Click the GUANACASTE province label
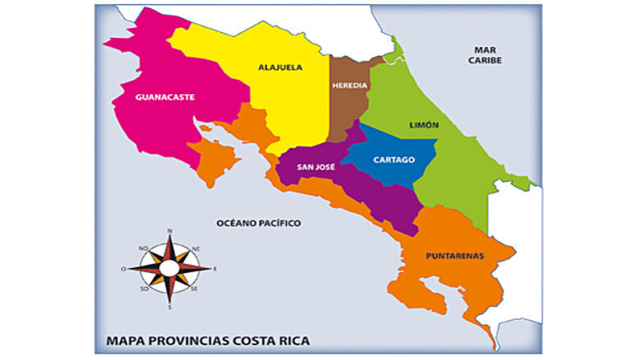pyautogui.click(x=165, y=97)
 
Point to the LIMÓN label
pyautogui.click(x=424, y=125)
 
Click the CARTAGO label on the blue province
pyautogui.click(x=393, y=159)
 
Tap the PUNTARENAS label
pyautogui.click(x=455, y=255)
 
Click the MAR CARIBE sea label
pyautogui.click(x=485, y=55)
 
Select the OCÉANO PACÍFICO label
pyautogui.click(x=258, y=222)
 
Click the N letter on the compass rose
pyautogui.click(x=170, y=231)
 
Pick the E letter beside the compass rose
pyautogui.click(x=215, y=269)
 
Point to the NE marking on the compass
pyautogui.click(x=196, y=248)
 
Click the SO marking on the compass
pyautogui.click(x=143, y=289)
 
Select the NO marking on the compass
pyautogui.click(x=143, y=248)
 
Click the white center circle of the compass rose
pyautogui.click(x=170, y=268)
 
